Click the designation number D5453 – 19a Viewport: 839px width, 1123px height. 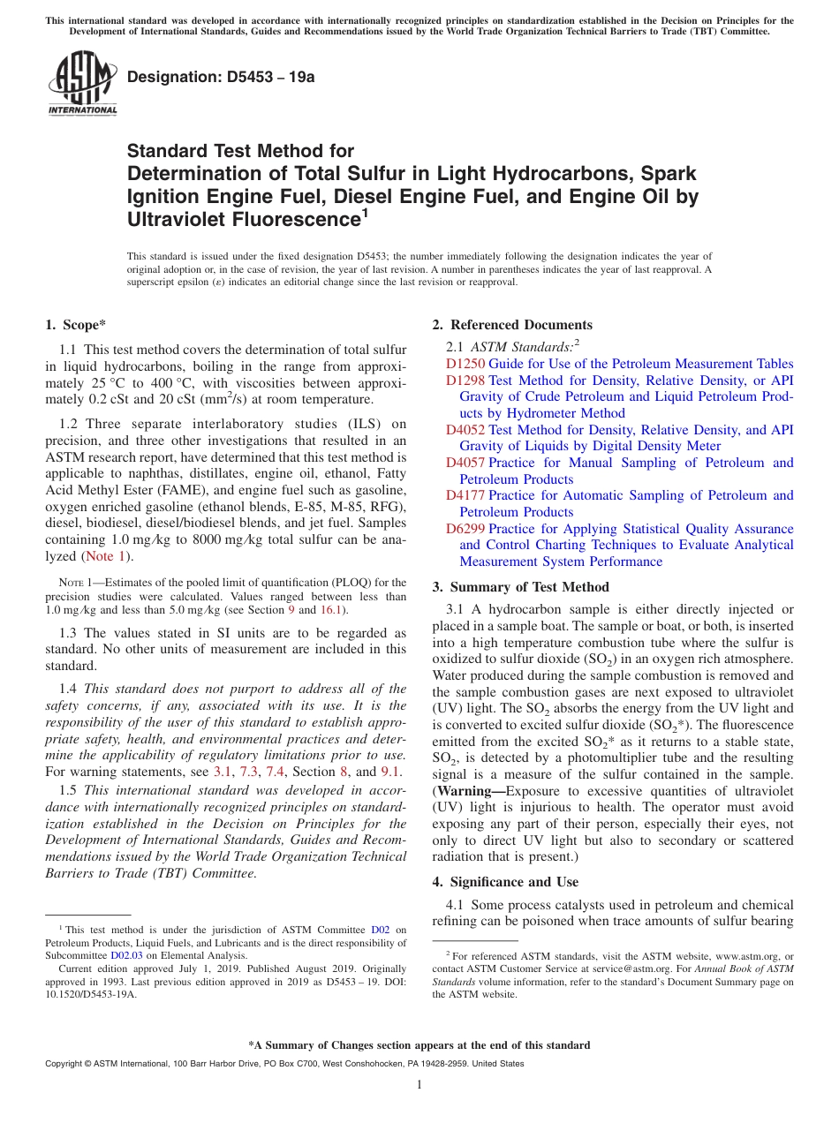(221, 77)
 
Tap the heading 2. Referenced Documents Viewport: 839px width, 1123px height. (512, 325)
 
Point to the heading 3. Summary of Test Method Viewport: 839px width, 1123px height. (520, 587)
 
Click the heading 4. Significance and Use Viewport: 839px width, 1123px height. (505, 882)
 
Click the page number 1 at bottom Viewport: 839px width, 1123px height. (419, 1085)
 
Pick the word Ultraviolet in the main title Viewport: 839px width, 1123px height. (188, 219)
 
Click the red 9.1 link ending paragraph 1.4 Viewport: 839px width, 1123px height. (390, 772)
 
